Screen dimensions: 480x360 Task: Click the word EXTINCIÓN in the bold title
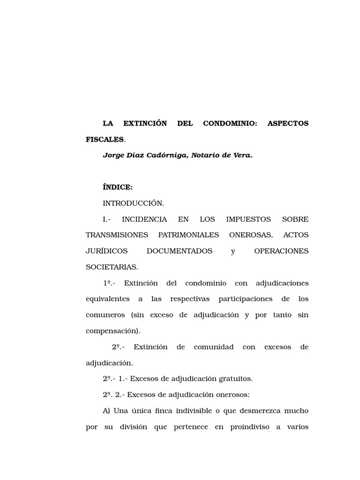point(145,124)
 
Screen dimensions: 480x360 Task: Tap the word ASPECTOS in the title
point(288,124)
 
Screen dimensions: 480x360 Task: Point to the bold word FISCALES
point(105,139)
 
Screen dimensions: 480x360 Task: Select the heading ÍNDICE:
point(118,187)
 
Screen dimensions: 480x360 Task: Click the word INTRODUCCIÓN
point(133,203)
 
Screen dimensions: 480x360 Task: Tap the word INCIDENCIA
point(144,219)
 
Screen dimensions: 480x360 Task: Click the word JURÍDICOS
point(106,251)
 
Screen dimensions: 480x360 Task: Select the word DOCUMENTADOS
point(180,251)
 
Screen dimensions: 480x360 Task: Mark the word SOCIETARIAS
point(112,267)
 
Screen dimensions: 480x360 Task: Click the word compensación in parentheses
point(112,331)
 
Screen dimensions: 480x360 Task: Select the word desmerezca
point(256,411)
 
